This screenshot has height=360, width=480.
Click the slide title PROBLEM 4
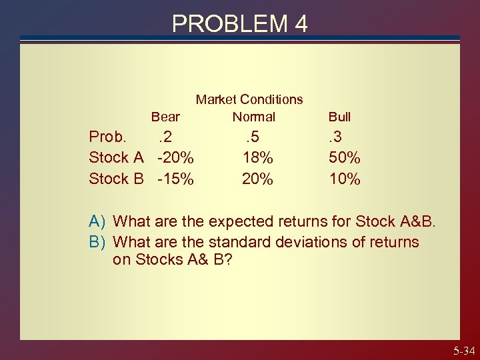pyautogui.click(x=240, y=23)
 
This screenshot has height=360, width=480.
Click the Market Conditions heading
pyautogui.click(x=249, y=99)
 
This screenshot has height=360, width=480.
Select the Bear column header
pyautogui.click(x=165, y=117)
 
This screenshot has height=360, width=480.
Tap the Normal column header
pyautogui.click(x=253, y=117)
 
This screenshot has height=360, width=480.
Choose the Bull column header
pyautogui.click(x=339, y=117)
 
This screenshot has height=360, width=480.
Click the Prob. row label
pyautogui.click(x=110, y=137)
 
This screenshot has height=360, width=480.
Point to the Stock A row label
pyautogui.click(x=117, y=157)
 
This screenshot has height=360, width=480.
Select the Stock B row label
pyautogui.click(x=117, y=179)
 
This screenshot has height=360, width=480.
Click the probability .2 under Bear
pyautogui.click(x=164, y=137)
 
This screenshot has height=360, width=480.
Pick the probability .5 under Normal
pyautogui.click(x=252, y=137)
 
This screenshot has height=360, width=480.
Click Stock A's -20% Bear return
pyautogui.click(x=175, y=157)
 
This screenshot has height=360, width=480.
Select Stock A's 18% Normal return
pyautogui.click(x=257, y=157)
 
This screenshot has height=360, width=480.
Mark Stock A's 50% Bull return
pyautogui.click(x=345, y=157)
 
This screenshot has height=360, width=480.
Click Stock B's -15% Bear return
pyautogui.click(x=175, y=179)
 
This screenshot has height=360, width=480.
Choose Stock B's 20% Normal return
pyautogui.click(x=257, y=179)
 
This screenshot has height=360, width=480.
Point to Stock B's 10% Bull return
pyautogui.click(x=345, y=179)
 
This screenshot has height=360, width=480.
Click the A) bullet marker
pyautogui.click(x=99, y=221)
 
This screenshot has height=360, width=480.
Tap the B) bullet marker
pyautogui.click(x=99, y=241)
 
